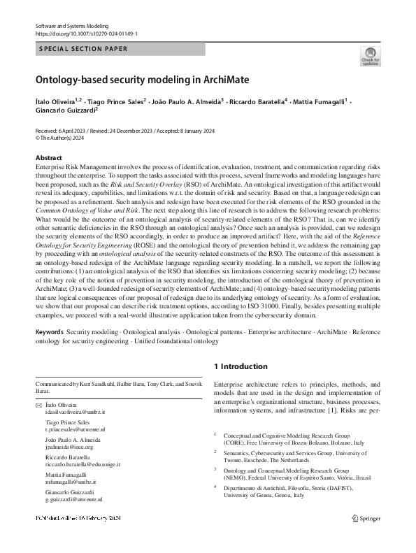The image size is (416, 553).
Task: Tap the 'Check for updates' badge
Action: (x=371, y=57)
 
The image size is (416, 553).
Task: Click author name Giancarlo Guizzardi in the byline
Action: (x=65, y=110)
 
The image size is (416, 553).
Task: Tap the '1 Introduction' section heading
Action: (x=240, y=366)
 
